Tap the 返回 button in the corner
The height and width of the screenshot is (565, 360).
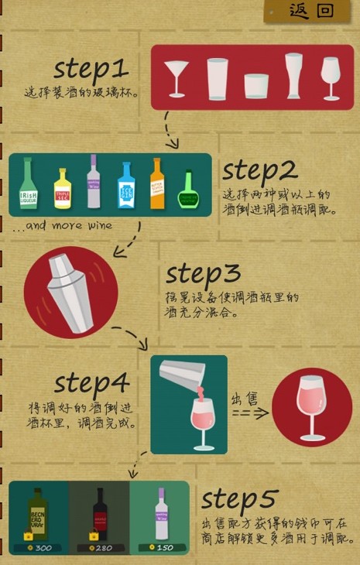pyautogui.click(x=311, y=11)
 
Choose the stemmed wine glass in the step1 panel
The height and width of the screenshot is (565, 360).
pyautogui.click(x=331, y=77)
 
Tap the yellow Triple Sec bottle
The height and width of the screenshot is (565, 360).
pyautogui.click(x=63, y=189)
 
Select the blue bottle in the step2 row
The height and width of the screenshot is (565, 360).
pyautogui.click(x=126, y=186)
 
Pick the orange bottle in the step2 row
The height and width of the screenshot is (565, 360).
pyautogui.click(x=157, y=184)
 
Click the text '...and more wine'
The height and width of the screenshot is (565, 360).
pyautogui.click(x=63, y=226)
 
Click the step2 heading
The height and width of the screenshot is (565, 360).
pyautogui.click(x=259, y=170)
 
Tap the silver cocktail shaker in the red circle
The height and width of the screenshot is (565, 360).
pyautogui.click(x=70, y=291)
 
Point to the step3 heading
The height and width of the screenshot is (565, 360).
pyautogui.click(x=203, y=274)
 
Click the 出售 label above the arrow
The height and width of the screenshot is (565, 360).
pyautogui.click(x=245, y=399)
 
